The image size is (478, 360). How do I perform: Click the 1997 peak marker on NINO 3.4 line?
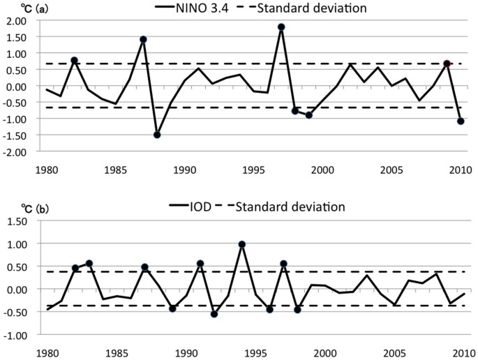tap(281, 27)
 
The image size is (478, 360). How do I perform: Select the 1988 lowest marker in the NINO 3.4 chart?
tap(157, 135)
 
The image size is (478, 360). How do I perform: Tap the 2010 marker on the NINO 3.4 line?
tap(461, 121)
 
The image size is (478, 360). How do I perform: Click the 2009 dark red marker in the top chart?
tap(447, 63)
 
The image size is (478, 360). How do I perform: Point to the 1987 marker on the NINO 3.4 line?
tap(143, 40)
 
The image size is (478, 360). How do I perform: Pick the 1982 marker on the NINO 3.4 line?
tap(74, 61)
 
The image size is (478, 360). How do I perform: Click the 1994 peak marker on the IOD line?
tap(241, 245)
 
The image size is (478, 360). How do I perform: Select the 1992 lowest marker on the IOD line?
tap(214, 314)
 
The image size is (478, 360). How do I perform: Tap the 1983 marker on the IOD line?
tap(89, 264)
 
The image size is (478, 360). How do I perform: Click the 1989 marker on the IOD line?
tap(172, 308)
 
